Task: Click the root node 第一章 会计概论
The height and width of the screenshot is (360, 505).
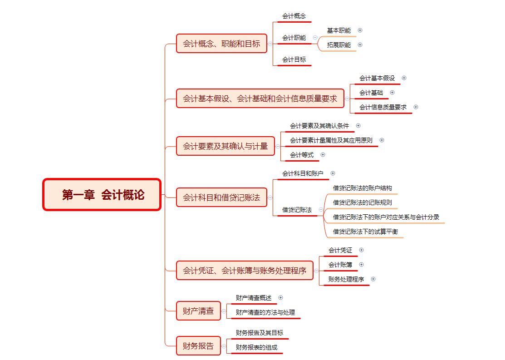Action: [102, 195]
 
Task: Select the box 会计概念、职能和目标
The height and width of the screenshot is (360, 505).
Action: [221, 44]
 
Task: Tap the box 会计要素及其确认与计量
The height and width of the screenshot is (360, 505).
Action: [226, 146]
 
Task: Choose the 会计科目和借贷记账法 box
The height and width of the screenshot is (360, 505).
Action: [221, 197]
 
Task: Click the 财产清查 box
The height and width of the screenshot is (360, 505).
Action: [198, 311]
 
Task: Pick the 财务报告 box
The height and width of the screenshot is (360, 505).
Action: [198, 346]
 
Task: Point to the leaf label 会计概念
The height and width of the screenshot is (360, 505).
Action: [294, 16]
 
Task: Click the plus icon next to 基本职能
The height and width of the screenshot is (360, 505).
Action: [360, 30]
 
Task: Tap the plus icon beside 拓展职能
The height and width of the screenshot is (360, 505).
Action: [360, 45]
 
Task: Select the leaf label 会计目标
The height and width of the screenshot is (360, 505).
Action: [294, 59]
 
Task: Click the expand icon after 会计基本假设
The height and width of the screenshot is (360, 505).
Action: [404, 78]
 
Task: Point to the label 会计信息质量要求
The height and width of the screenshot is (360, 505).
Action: [383, 107]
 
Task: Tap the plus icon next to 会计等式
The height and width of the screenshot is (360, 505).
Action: [323, 155]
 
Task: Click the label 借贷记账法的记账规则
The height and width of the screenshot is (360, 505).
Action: [363, 203]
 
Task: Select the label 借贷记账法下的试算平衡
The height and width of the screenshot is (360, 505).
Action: [365, 232]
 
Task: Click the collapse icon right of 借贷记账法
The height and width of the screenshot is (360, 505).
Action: [321, 210]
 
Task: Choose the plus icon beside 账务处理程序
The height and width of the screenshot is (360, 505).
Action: [373, 279]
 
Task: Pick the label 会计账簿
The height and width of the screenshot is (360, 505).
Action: [340, 265]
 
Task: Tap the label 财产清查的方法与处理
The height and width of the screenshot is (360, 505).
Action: [265, 312]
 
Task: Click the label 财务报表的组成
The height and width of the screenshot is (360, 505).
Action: [256, 347]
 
